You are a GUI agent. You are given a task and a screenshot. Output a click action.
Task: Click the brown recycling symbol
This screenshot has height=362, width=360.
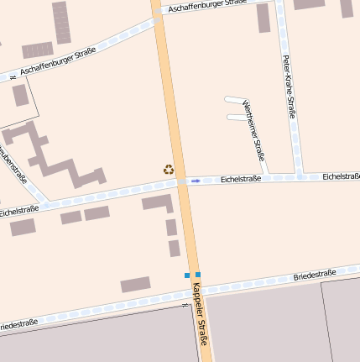tap(169, 169)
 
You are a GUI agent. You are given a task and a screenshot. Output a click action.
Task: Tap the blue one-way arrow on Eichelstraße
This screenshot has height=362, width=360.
tap(196, 181)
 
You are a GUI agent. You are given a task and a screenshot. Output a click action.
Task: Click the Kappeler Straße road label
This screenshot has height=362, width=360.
tap(200, 313)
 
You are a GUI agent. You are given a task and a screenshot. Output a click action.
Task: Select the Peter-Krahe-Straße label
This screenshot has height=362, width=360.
tap(290, 87)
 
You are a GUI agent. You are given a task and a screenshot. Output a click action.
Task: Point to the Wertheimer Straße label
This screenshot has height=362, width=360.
tap(253, 129)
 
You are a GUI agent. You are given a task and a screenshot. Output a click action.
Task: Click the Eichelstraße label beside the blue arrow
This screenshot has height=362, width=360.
tap(241, 179)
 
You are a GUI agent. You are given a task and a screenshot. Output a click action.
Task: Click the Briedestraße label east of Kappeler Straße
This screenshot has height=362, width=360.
tap(315, 275)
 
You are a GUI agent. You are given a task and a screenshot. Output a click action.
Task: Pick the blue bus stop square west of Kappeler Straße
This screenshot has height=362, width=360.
tap(187, 275)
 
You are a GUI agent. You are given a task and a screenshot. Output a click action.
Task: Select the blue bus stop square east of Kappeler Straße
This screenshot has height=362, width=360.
tap(198, 275)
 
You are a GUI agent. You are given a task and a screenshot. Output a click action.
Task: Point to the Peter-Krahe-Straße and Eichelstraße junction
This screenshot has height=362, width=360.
tap(299, 177)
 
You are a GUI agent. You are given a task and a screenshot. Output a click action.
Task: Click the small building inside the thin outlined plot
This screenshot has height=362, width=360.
tap(20, 95)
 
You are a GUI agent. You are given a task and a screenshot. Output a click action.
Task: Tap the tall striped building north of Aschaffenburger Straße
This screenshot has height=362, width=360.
tap(61, 22)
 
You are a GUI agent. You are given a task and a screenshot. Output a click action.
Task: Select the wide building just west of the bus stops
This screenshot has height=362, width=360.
tap(135, 285)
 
